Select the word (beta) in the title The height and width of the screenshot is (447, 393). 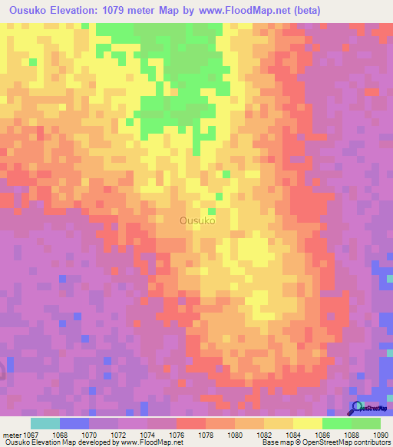coord(305,11)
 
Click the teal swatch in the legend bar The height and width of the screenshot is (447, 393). coord(45,423)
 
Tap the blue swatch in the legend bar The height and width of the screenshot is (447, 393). coord(74,423)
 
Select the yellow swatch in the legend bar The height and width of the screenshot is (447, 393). coord(308,423)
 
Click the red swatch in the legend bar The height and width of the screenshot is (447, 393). coord(191,423)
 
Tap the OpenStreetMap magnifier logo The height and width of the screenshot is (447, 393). coord(357,409)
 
